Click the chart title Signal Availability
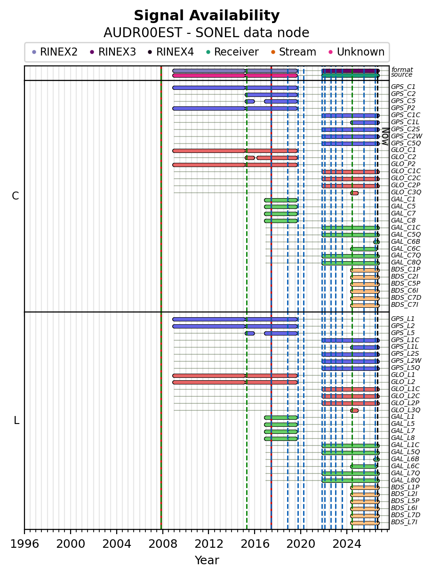pyautogui.click(x=207, y=16)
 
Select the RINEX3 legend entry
pyautogui.click(x=113, y=52)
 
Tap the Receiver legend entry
pyautogui.click(x=232, y=52)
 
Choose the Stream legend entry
pyautogui.click(x=294, y=52)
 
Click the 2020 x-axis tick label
pyautogui.click(x=301, y=544)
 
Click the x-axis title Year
pyautogui.click(x=207, y=560)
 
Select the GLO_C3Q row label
pyautogui.click(x=406, y=192)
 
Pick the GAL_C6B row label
pyautogui.click(x=405, y=242)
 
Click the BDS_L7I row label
pyautogui.click(x=404, y=522)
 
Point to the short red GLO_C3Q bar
pyautogui.click(x=354, y=193)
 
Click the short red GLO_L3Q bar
pyautogui.click(x=354, y=410)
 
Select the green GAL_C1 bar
pyautogui.click(x=280, y=200)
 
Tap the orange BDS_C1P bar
pyautogui.click(x=365, y=270)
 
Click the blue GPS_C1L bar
pyautogui.click(x=365, y=122)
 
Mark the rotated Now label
pyautogui.click(x=385, y=136)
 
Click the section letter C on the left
pyautogui.click(x=15, y=196)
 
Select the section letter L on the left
pyautogui.click(x=16, y=420)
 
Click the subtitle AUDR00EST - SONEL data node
pyautogui.click(x=207, y=33)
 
